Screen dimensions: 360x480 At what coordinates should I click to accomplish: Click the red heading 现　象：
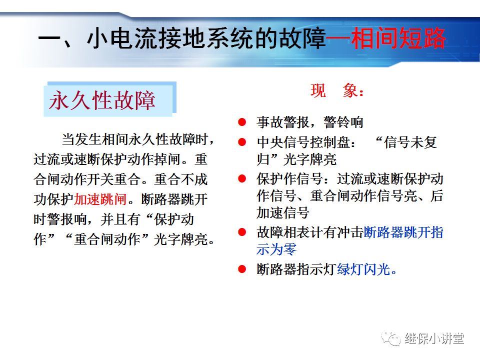(x=338, y=91)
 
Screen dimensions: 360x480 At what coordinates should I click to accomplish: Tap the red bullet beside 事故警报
(x=242, y=122)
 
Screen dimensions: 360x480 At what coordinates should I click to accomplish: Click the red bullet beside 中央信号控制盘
(x=242, y=142)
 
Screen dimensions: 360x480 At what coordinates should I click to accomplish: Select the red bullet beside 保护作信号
(x=242, y=178)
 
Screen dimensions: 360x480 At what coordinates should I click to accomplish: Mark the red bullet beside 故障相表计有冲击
(x=242, y=232)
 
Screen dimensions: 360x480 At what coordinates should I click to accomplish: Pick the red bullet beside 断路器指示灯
(x=242, y=269)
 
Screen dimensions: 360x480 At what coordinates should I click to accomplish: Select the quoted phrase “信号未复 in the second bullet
(x=405, y=142)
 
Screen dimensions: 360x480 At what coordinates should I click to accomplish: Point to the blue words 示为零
(x=276, y=249)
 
